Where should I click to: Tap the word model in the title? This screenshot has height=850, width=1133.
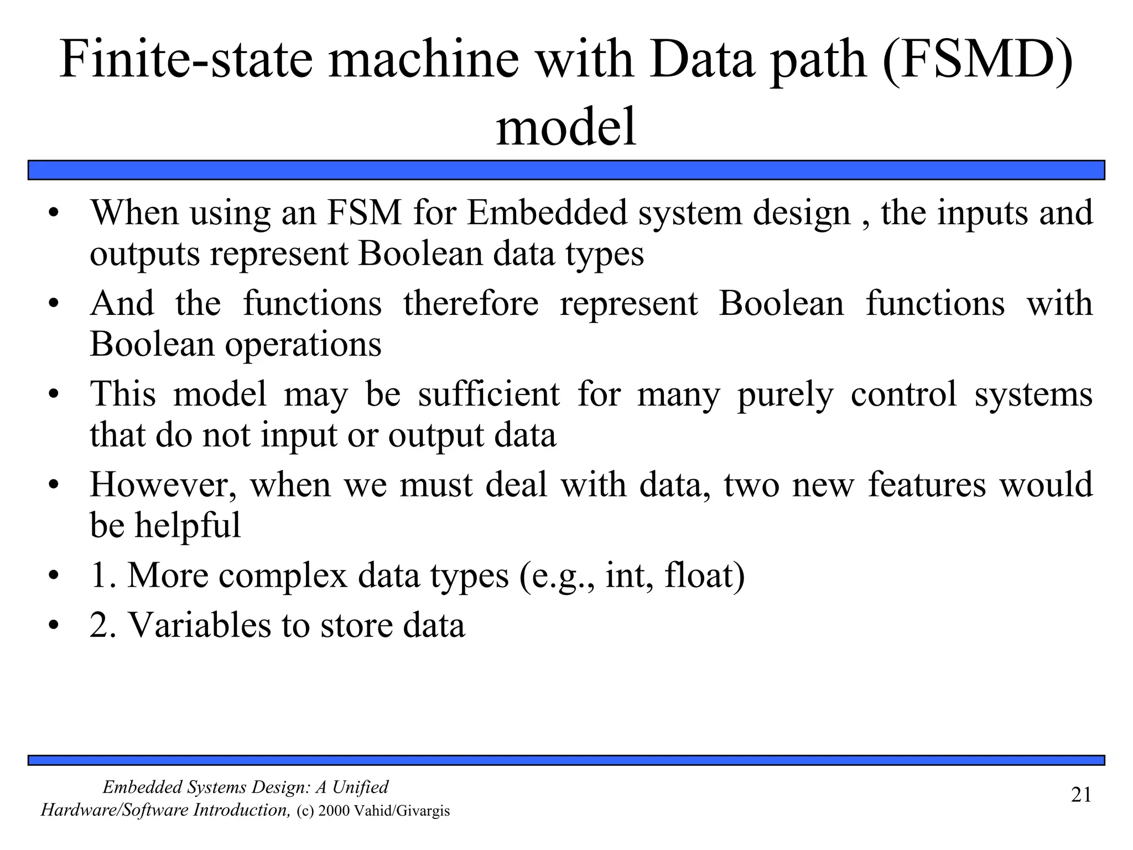[566, 128]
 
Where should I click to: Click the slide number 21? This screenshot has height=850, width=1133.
[1081, 795]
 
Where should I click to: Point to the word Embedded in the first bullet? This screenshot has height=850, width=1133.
[547, 213]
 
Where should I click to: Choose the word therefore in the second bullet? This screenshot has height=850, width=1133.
[471, 304]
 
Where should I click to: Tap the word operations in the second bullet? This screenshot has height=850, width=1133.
[303, 344]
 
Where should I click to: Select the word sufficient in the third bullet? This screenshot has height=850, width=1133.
[488, 395]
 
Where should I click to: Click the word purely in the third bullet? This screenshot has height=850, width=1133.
[785, 396]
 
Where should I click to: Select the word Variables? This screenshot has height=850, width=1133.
[199, 626]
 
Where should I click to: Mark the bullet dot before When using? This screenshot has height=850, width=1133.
[53, 214]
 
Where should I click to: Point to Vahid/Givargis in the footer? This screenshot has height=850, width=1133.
[402, 811]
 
